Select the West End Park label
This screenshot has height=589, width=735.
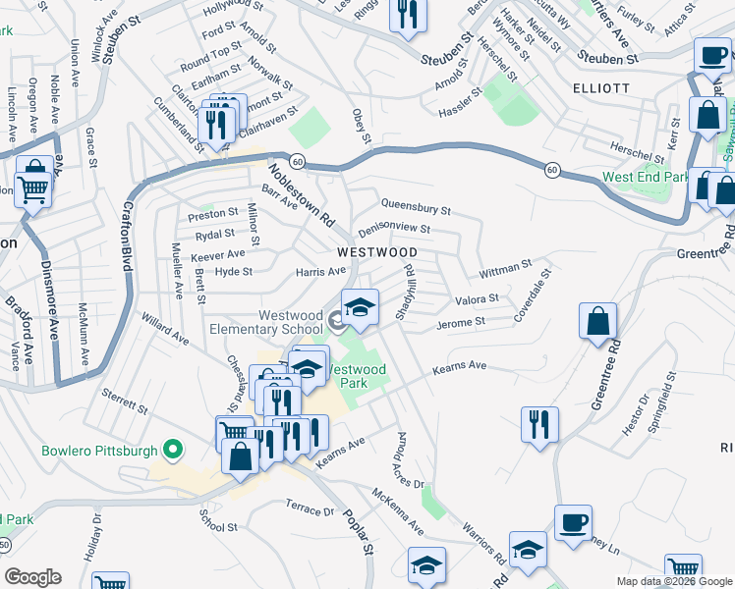point(646,177)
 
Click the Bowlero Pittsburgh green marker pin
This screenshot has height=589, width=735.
point(173,451)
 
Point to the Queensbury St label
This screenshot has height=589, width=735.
point(416,209)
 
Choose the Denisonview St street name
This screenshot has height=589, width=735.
point(394,229)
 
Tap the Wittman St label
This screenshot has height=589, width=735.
point(505,267)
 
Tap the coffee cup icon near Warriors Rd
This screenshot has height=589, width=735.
point(573,522)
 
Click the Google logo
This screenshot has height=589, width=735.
point(32,577)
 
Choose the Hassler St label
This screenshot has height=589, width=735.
point(460,96)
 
